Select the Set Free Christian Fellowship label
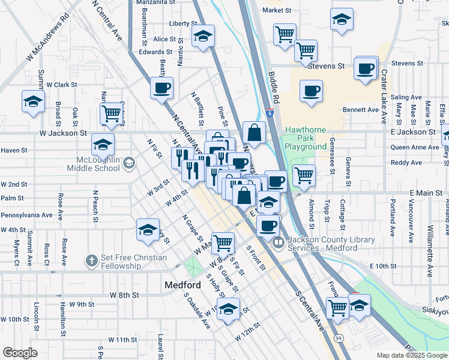133,262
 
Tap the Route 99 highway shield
339,331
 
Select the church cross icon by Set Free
91,260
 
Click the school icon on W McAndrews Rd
33,101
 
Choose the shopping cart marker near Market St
285,34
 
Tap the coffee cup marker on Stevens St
366,69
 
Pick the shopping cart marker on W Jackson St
111,113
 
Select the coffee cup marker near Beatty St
161,88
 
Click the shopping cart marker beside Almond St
304,175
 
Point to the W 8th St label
125,295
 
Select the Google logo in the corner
20,353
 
